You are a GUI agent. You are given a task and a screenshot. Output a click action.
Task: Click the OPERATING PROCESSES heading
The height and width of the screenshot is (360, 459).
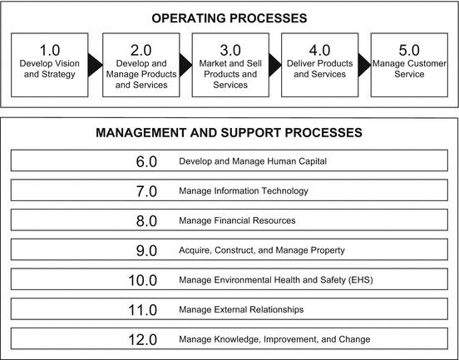tap(229, 17)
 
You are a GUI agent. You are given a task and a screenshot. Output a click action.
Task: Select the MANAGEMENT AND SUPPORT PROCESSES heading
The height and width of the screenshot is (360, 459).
tap(229, 132)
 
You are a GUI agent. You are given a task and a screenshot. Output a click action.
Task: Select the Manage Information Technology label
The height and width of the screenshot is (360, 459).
tap(243, 191)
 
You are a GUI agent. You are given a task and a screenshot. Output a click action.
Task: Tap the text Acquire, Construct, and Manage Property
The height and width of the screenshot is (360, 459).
tap(261, 250)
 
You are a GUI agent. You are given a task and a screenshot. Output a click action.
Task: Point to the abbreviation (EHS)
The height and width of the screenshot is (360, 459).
tap(359, 280)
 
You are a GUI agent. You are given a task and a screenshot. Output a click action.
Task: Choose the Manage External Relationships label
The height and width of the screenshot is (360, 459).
tap(240, 309)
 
